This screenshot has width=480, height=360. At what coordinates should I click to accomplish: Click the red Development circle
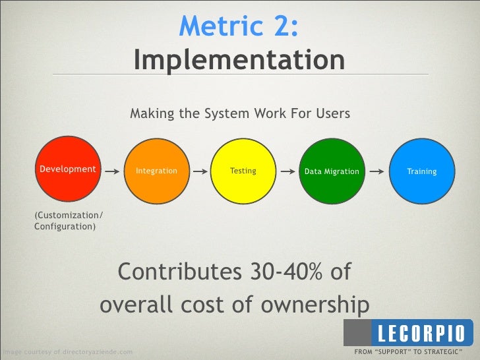tap(68, 169)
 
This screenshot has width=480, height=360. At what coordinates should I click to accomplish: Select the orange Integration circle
tap(156, 171)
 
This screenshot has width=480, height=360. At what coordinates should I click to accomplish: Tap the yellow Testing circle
tap(243, 171)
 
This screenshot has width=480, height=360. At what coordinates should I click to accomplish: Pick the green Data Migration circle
tap(332, 171)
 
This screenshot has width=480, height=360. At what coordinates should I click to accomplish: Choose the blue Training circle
tap(421, 171)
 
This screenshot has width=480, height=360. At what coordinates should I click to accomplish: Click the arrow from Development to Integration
tap(112, 170)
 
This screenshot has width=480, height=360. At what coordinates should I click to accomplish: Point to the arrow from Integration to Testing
tap(199, 171)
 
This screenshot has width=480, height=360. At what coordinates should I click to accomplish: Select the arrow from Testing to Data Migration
tap(287, 171)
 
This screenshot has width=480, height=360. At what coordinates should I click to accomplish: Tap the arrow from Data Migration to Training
tap(376, 171)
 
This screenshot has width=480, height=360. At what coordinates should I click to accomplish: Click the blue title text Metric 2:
tap(239, 26)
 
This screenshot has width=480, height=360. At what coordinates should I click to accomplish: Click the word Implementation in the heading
tap(239, 61)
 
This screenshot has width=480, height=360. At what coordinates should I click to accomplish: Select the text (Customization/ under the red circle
tap(69, 216)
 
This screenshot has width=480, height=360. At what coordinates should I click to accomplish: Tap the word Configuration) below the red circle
tap(65, 227)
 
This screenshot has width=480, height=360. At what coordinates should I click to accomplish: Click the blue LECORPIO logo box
tap(420, 331)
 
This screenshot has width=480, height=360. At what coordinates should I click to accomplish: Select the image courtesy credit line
tap(66, 352)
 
